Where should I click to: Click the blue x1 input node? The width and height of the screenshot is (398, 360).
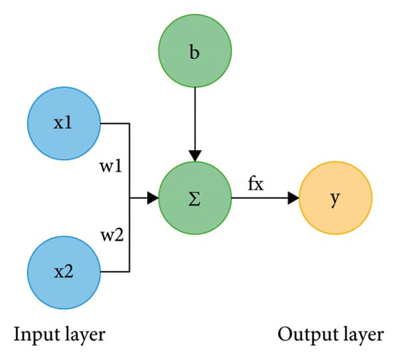[x=63, y=123]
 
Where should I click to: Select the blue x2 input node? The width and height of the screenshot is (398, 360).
[x=63, y=272]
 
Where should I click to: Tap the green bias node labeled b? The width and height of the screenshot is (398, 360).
[x=194, y=52]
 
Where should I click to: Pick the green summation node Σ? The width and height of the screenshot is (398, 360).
[x=194, y=198]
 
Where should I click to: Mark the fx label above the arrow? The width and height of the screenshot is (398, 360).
[x=256, y=184]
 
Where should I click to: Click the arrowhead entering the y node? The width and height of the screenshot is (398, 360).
[x=293, y=198]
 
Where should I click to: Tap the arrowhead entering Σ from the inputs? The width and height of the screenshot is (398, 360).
[x=153, y=198]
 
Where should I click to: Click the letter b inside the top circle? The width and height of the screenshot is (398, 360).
[x=194, y=52]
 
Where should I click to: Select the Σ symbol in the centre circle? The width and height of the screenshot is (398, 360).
[x=194, y=198]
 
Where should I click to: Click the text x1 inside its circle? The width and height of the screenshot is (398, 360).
[x=63, y=124]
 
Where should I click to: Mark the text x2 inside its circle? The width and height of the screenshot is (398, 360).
[x=63, y=272]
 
